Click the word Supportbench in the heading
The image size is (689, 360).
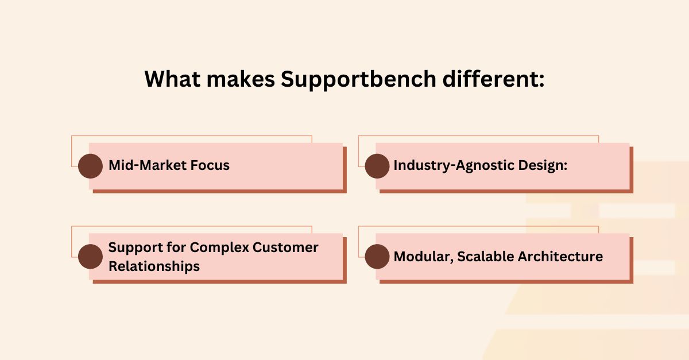358,80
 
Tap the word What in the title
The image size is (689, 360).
173,79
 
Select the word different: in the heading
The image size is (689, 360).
493,79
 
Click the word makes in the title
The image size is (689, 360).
241,79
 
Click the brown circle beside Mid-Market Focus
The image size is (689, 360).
91,166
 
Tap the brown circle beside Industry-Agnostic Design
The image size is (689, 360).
377,166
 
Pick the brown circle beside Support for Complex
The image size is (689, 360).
91,257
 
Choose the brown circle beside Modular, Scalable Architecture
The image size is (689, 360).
377,257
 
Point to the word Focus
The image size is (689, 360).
210,165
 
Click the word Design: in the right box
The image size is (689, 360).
543,166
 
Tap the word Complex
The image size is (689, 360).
219,247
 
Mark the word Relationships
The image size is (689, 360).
154,266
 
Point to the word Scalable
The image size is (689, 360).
485,256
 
